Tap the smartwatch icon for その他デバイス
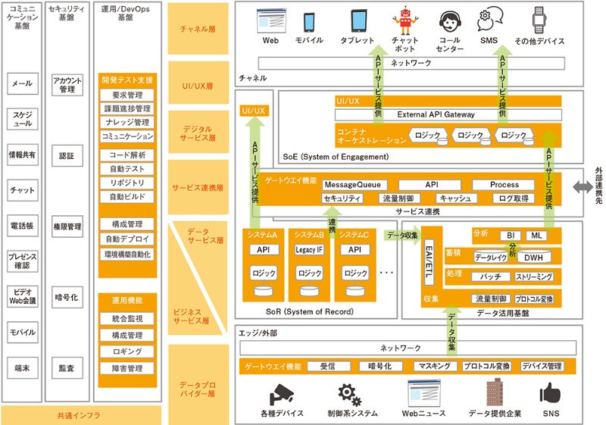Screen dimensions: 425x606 pyautogui.click(x=539, y=19)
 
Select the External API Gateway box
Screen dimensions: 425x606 pyautogui.click(x=448, y=114)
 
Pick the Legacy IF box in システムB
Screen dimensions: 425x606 pyautogui.click(x=309, y=249)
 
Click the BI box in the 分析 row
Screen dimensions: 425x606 pyautogui.click(x=511, y=236)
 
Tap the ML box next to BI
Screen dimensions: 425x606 pyautogui.click(x=537, y=236)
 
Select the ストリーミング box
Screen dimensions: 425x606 pyautogui.click(x=534, y=277)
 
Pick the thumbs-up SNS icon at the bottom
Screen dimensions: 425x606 pyautogui.click(x=550, y=392)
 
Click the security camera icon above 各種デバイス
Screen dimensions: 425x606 pyautogui.click(x=281, y=392)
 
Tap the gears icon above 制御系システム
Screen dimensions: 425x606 pyautogui.click(x=349, y=392)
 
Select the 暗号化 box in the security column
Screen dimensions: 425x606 pyautogui.click(x=67, y=298)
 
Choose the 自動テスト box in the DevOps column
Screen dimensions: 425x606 pyautogui.click(x=127, y=169)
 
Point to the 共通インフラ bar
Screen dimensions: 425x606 pyautogui.click(x=79, y=415)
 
